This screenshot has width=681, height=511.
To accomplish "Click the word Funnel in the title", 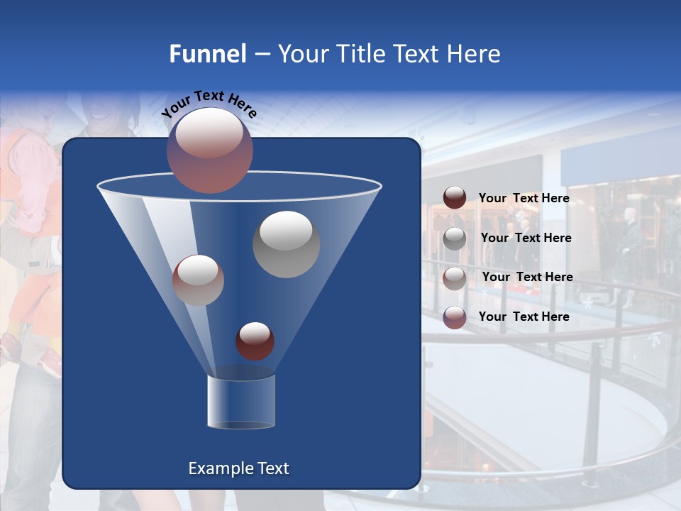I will click(207, 54).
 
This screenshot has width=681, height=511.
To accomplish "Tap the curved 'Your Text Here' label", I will click(209, 104).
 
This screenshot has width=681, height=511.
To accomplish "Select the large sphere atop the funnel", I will click(209, 150).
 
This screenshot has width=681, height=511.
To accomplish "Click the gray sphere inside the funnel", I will click(286, 244).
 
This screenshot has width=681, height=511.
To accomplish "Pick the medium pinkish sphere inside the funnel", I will click(198, 280).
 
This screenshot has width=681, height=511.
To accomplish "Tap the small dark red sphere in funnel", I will click(255, 341).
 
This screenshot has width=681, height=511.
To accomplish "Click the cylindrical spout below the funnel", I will click(240, 402).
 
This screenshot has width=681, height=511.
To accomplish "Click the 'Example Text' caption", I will click(238, 468).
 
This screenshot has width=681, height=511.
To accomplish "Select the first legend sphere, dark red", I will click(455, 198).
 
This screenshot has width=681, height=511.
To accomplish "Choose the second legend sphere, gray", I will click(455, 238).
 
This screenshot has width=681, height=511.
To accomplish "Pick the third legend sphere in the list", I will click(455, 278).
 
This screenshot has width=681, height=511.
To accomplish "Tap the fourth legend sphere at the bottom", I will click(455, 317).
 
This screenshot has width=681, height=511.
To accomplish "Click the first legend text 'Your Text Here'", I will click(524, 198).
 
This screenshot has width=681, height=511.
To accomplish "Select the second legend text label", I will click(526, 238).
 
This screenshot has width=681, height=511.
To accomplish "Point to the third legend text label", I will click(527, 277).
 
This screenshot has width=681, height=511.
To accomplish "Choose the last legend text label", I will click(524, 317).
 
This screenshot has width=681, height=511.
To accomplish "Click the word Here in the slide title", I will click(474, 54).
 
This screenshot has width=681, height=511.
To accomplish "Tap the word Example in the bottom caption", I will click(219, 468).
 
